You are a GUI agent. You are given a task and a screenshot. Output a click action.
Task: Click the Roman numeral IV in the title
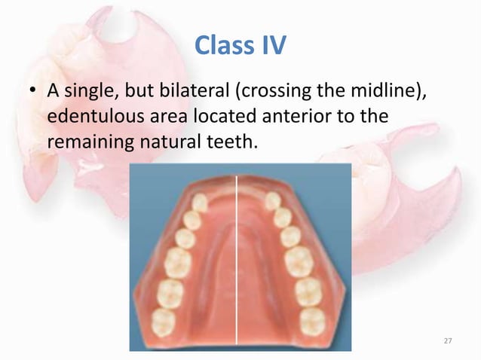pyautogui.click(x=273, y=47)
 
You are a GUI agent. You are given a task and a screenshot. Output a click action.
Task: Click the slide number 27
pyautogui.click(x=447, y=342)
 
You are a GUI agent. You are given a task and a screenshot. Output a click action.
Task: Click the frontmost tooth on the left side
pyautogui.click(x=200, y=203)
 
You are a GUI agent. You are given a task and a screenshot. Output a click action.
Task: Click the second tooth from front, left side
pyautogui.click(x=193, y=220)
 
